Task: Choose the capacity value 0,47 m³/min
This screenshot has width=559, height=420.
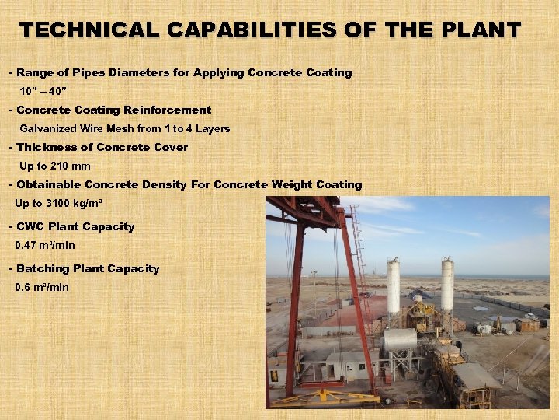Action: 45,246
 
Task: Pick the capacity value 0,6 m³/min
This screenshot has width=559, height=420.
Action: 42,288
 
